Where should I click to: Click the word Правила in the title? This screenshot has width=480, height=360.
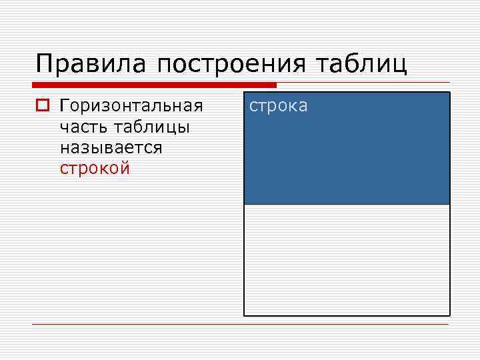pos(93,65)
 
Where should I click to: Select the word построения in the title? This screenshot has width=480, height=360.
pos(232,65)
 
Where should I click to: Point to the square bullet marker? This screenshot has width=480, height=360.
pos(43,106)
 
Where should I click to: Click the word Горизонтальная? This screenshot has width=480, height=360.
pos(131,106)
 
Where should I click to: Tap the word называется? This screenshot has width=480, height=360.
pos(111,147)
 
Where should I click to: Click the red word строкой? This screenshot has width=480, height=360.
pos(95,168)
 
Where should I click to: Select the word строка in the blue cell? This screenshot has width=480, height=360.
pos(279,106)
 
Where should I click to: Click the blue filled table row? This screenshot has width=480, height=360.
pos(347,160)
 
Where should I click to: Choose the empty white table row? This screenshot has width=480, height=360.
pos(347,260)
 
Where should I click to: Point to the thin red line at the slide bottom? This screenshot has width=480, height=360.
pos(240,325)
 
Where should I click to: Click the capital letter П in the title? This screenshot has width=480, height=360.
pos(45,65)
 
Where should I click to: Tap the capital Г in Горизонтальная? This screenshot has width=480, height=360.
pos(64,106)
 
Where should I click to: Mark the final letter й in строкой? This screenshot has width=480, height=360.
pos(125,168)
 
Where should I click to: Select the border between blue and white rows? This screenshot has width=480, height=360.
pos(347,204)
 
